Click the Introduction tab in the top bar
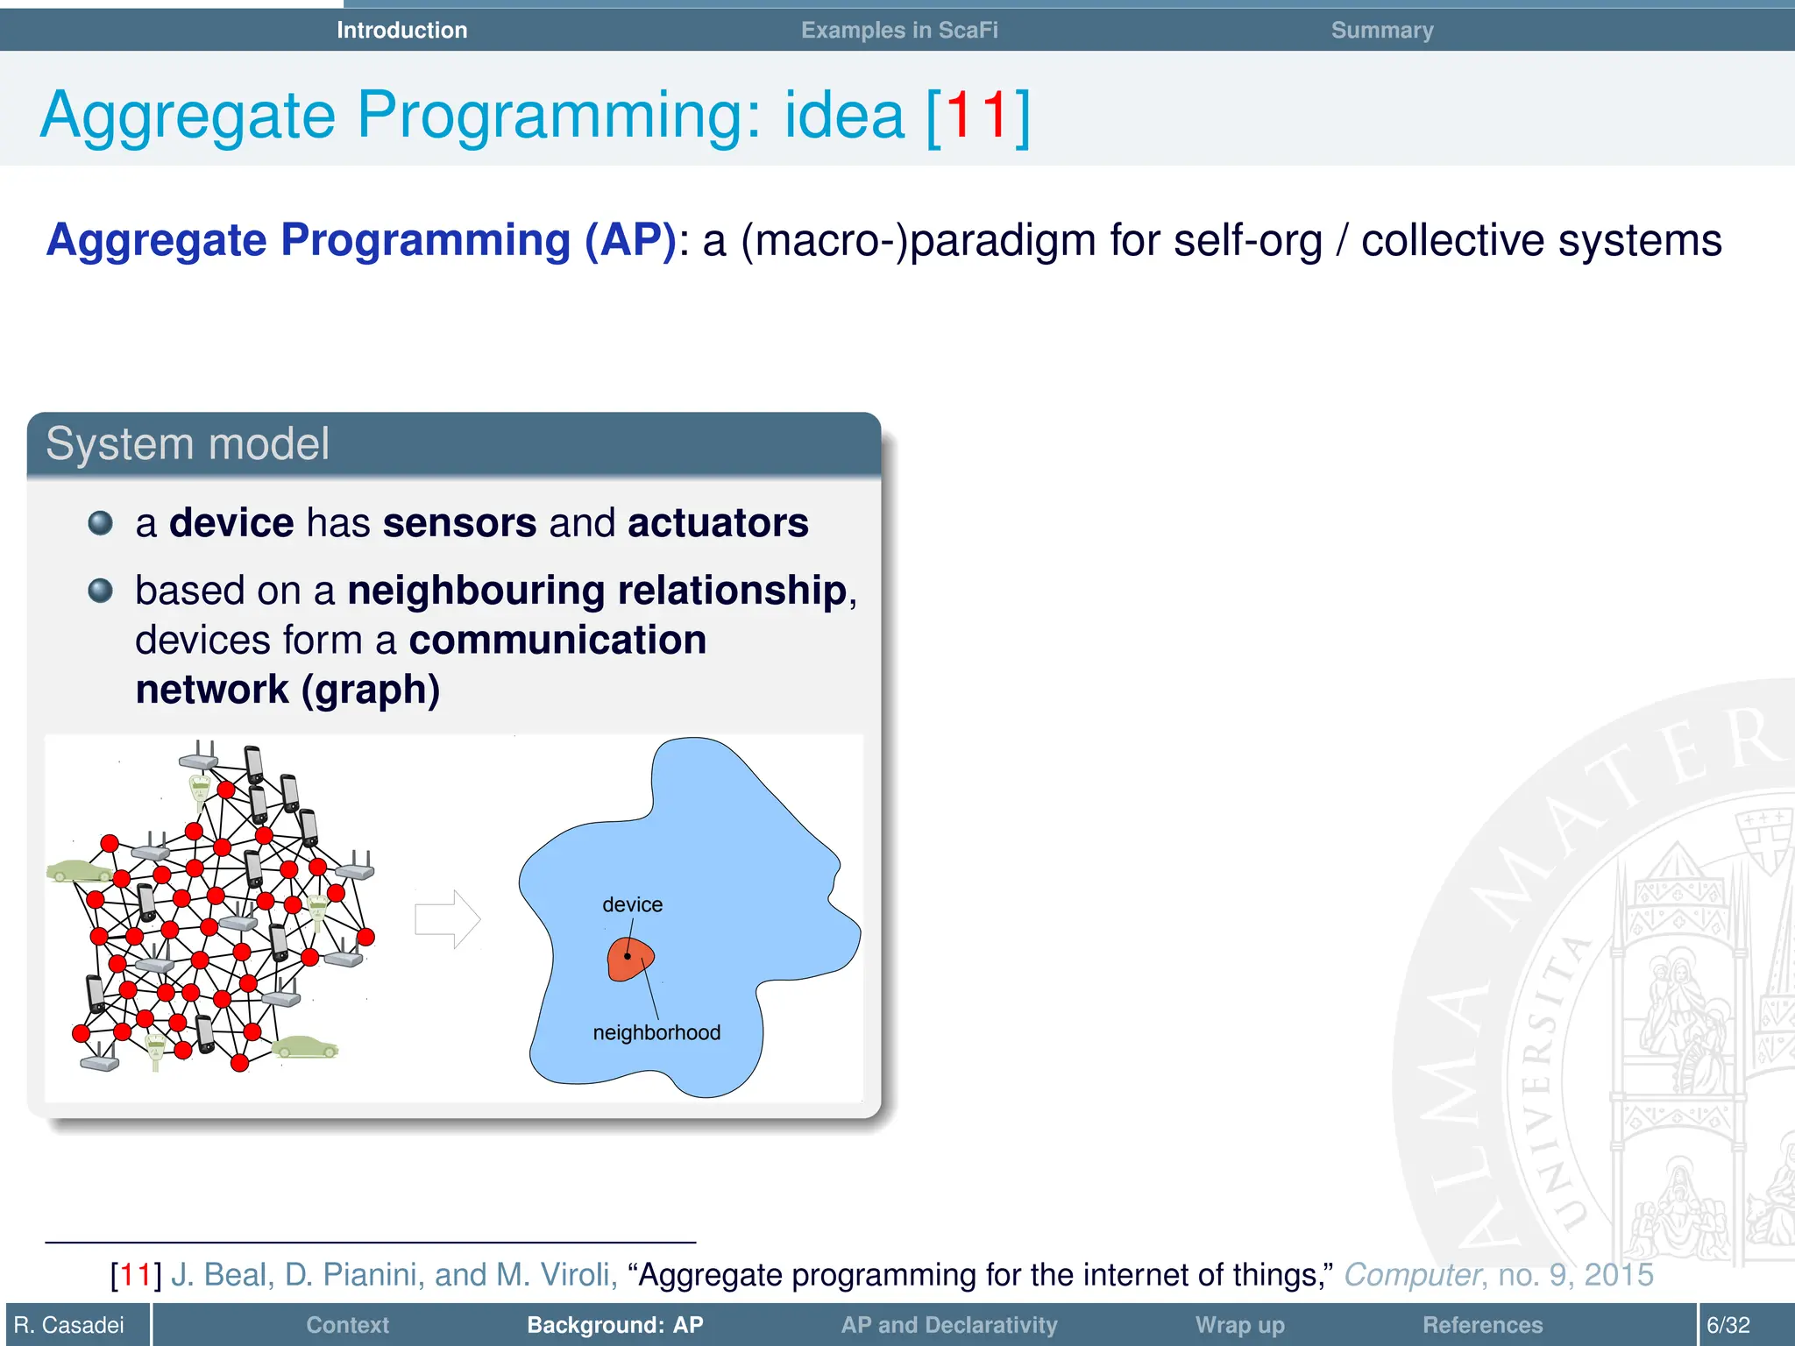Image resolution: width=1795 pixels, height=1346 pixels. (401, 30)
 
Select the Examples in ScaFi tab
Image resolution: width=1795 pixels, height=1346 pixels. (899, 30)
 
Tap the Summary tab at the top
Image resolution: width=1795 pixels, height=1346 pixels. (1381, 30)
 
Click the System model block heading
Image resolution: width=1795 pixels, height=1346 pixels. (188, 443)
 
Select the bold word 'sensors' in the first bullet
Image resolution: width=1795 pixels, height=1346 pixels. (459, 523)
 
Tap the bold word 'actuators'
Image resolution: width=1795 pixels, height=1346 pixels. (717, 523)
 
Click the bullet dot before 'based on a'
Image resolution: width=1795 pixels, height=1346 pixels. (101, 591)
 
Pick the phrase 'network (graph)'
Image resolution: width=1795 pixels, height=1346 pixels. (287, 690)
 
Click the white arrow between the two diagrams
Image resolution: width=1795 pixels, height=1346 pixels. (447, 919)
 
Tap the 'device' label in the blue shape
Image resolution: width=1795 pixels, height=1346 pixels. (632, 904)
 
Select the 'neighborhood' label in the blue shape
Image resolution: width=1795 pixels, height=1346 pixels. (656, 1032)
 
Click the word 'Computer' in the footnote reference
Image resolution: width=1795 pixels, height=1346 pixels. (1411, 1274)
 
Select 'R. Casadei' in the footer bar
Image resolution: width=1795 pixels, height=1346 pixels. (69, 1325)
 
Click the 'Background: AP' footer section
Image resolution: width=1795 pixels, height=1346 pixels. (614, 1325)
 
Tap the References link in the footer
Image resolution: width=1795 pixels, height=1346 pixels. (1482, 1325)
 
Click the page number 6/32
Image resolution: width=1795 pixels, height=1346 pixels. (1728, 1325)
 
